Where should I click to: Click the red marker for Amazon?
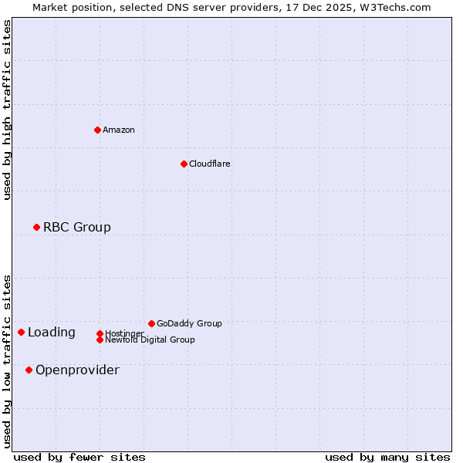pyautogui.click(x=97, y=130)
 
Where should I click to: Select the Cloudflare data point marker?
pyautogui.click(x=184, y=164)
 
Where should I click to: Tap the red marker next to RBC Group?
pyautogui.click(x=36, y=227)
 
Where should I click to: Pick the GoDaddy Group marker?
pyautogui.click(x=151, y=323)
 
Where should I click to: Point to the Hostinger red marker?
pyautogui.click(x=100, y=333)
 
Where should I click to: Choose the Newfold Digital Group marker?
pyautogui.click(x=100, y=340)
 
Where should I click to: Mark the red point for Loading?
pyautogui.click(x=21, y=332)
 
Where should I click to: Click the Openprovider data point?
pyautogui.click(x=29, y=370)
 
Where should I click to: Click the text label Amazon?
pyautogui.click(x=119, y=130)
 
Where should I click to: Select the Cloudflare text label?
pyautogui.click(x=210, y=164)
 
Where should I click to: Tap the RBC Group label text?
pyautogui.click(x=77, y=227)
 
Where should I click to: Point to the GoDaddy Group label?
pyautogui.click(x=189, y=323)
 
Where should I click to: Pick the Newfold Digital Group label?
pyautogui.click(x=150, y=340)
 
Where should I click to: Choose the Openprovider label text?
pyautogui.click(x=77, y=370)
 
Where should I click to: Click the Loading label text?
pyautogui.click(x=52, y=333)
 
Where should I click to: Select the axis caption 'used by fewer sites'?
pyautogui.click(x=79, y=457)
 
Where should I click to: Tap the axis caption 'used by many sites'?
pyautogui.click(x=387, y=457)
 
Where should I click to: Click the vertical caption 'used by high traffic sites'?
pyautogui.click(x=7, y=110)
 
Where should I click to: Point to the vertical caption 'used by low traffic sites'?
pyautogui.click(x=7, y=360)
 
